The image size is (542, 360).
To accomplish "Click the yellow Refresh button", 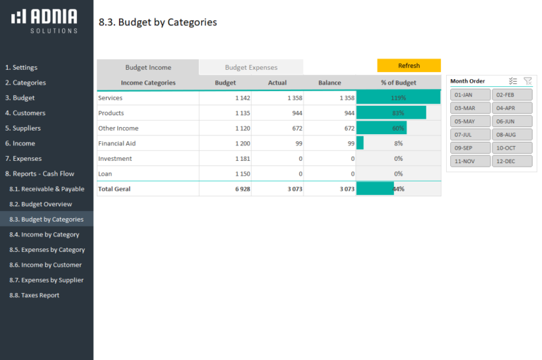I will click(409, 66).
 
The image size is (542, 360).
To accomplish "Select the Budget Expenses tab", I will click(251, 68).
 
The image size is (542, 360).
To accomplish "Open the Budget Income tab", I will click(148, 68).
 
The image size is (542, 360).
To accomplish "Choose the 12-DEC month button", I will click(512, 161).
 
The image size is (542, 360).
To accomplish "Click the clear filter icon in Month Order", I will click(528, 81).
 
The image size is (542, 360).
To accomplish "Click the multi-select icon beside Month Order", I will click(513, 81).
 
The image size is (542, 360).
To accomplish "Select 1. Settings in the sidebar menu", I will click(21, 68).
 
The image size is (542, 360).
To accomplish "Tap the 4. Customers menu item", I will click(25, 113).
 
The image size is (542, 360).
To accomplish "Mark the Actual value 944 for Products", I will click(292, 113).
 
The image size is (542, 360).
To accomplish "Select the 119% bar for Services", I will click(398, 98).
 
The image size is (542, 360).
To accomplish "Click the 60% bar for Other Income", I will click(382, 128).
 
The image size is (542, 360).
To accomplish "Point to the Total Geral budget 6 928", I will click(239, 189).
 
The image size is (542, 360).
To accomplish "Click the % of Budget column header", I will click(398, 83).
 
